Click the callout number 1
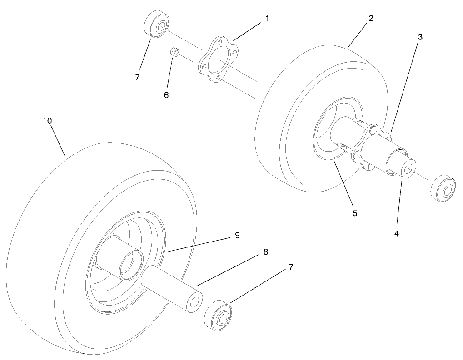click(267, 19)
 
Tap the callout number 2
click(371, 19)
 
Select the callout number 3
click(420, 37)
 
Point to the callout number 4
click(397, 233)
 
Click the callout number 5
click(355, 213)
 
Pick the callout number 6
click(166, 95)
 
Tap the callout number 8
click(265, 252)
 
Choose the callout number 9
click(237, 236)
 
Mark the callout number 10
click(47, 121)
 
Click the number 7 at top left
click(137, 78)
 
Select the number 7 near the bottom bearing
click(291, 267)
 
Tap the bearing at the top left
click(157, 24)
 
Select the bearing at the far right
click(443, 188)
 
